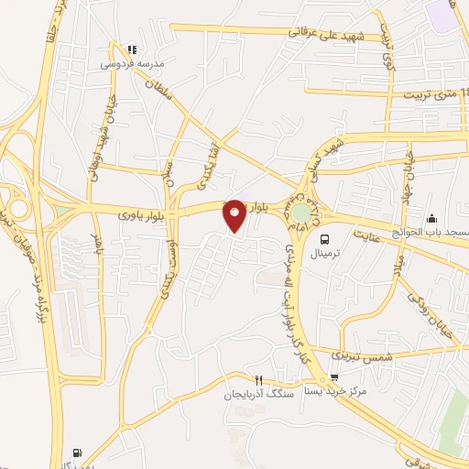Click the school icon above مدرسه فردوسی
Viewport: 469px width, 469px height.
(131, 48)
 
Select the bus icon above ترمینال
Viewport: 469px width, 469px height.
(323, 238)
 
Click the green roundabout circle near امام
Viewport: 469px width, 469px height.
(300, 213)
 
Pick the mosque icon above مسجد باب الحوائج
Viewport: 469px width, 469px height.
(431, 218)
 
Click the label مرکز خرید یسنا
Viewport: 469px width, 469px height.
(335, 390)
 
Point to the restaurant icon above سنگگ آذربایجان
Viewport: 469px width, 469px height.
(259, 380)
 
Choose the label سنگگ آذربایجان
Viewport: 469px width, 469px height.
(256, 394)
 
